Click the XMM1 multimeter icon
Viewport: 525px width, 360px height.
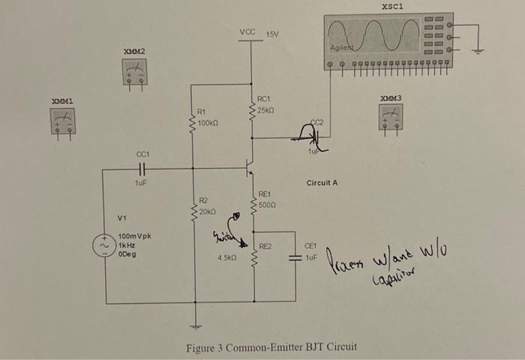63,121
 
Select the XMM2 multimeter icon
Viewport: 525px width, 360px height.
135,72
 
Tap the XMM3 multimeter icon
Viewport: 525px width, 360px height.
391,116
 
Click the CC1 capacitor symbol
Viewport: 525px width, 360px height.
142,169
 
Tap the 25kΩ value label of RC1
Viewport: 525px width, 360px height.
268,110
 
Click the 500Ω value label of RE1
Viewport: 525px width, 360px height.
268,203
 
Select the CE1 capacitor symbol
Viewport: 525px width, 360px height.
295,257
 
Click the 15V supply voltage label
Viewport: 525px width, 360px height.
272,34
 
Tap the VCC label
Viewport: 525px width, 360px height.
247,32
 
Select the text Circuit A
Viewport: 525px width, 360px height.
322,183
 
